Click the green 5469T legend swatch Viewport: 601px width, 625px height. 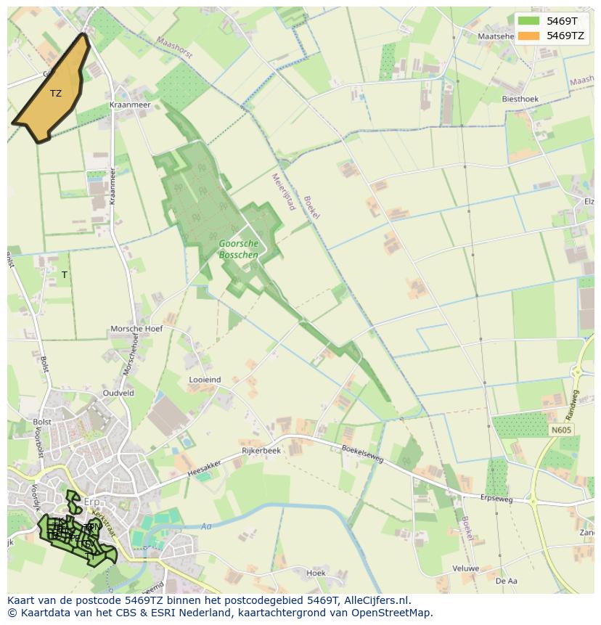tap(528, 21)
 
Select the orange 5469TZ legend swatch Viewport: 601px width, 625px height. tap(528, 35)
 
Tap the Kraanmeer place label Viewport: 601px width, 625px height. tap(129, 105)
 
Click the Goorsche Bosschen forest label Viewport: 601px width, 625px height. tap(237, 249)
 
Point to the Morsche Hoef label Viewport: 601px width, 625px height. tap(136, 329)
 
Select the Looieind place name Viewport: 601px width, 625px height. tap(205, 380)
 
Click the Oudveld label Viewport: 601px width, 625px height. tap(118, 393)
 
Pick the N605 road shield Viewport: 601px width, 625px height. tap(561, 430)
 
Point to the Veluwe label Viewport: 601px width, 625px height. tap(465, 568)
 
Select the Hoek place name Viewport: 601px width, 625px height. tap(316, 573)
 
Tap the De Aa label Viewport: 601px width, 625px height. tap(506, 581)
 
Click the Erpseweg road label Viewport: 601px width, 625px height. tap(496, 499)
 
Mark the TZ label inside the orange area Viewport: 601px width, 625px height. tap(56, 93)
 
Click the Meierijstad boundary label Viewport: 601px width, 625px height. tap(283, 191)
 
